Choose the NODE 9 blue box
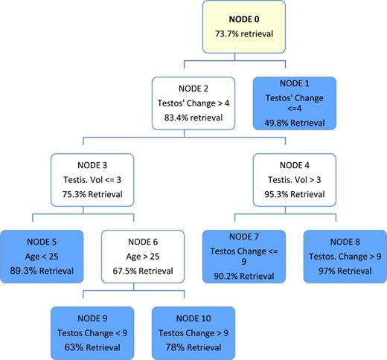click(x=92, y=329)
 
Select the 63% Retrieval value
click(x=92, y=344)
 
